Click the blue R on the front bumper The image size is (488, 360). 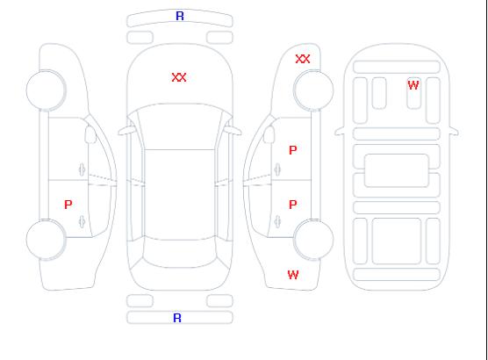[180, 16]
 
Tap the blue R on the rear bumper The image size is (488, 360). [177, 318]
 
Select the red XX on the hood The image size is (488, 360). [179, 77]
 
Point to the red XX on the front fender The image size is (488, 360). [303, 59]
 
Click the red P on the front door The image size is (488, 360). [293, 150]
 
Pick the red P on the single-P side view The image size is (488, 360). [68, 205]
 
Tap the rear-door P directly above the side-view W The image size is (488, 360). [293, 205]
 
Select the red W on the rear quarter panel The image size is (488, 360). [293, 275]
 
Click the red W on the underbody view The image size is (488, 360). [413, 85]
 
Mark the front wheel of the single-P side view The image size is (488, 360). [46, 90]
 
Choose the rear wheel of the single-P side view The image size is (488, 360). [46, 240]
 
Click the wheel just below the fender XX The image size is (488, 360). [313, 90]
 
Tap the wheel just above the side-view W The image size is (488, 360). [313, 240]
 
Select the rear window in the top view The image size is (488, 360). [180, 253]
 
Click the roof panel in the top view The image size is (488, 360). [180, 195]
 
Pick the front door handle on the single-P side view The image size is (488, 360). [82, 169]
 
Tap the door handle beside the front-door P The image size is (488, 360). [277, 169]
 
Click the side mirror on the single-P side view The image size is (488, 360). [90, 134]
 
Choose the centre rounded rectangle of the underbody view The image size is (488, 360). [397, 170]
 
